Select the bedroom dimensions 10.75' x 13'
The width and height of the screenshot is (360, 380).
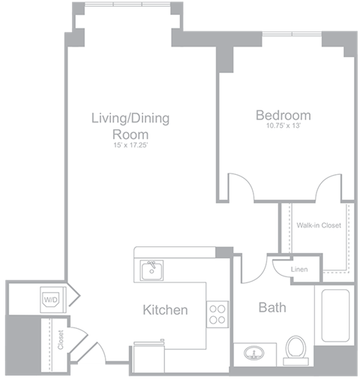coord(283,128)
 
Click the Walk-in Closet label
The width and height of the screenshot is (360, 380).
coord(318,225)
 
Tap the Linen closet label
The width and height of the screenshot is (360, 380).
coord(300,270)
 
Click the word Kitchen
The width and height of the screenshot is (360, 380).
coord(165,309)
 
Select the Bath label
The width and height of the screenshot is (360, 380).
coord(271,307)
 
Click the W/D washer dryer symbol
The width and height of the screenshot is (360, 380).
coord(51,300)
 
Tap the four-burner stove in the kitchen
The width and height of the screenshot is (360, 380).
coord(217,313)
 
